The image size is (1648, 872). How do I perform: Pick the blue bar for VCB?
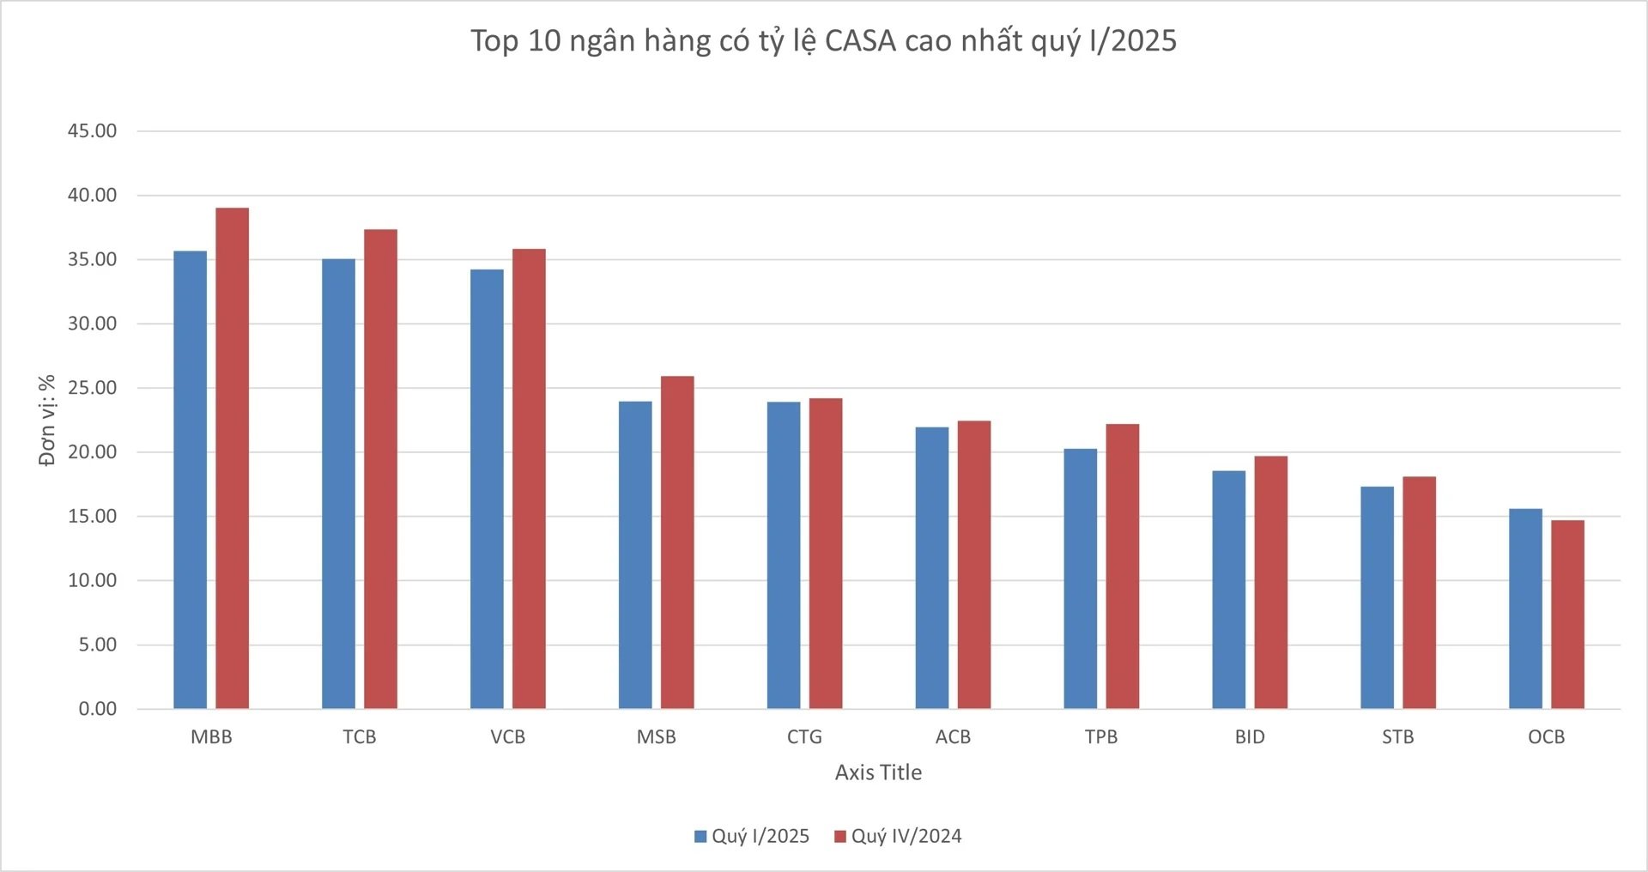(x=487, y=488)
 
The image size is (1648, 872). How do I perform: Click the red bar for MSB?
(x=677, y=542)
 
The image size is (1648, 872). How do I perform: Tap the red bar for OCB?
(x=1567, y=614)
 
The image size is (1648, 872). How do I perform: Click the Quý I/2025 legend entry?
(x=752, y=836)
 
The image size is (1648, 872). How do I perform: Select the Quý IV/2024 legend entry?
(x=898, y=836)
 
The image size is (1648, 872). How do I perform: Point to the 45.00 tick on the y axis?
(x=92, y=131)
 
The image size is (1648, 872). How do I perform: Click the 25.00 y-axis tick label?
(x=92, y=388)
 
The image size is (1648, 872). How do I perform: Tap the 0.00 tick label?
(x=97, y=709)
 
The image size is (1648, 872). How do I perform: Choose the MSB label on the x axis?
(x=656, y=737)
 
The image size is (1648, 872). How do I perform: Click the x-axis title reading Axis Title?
(x=878, y=772)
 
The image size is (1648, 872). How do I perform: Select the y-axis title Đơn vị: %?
(x=47, y=420)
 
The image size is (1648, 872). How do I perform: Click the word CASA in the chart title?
(x=859, y=41)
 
